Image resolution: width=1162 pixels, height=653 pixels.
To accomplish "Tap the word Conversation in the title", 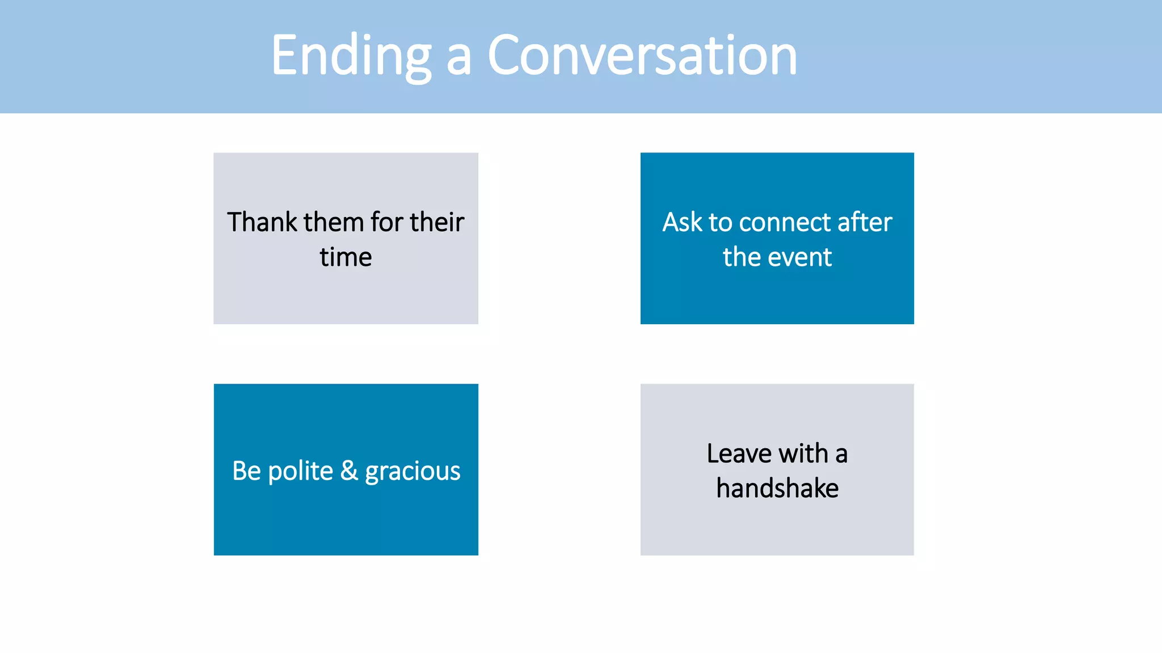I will click(x=642, y=56).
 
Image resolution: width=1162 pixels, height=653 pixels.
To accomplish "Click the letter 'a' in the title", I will click(x=458, y=59).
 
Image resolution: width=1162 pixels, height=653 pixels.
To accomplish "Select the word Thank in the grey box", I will click(x=262, y=222).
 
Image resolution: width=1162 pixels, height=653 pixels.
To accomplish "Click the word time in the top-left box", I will click(x=346, y=257).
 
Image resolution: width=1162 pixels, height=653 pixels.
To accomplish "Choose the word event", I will click(x=800, y=257).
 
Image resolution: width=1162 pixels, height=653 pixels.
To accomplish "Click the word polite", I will click(x=300, y=472).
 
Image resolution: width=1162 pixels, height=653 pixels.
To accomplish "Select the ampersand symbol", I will click(x=349, y=470).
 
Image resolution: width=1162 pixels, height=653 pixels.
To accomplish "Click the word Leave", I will click(x=739, y=453).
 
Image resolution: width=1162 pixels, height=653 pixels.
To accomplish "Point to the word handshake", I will click(x=777, y=489).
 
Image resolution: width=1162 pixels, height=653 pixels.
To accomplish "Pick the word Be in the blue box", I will click(x=246, y=471).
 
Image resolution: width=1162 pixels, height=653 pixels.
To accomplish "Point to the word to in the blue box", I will click(x=721, y=223).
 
